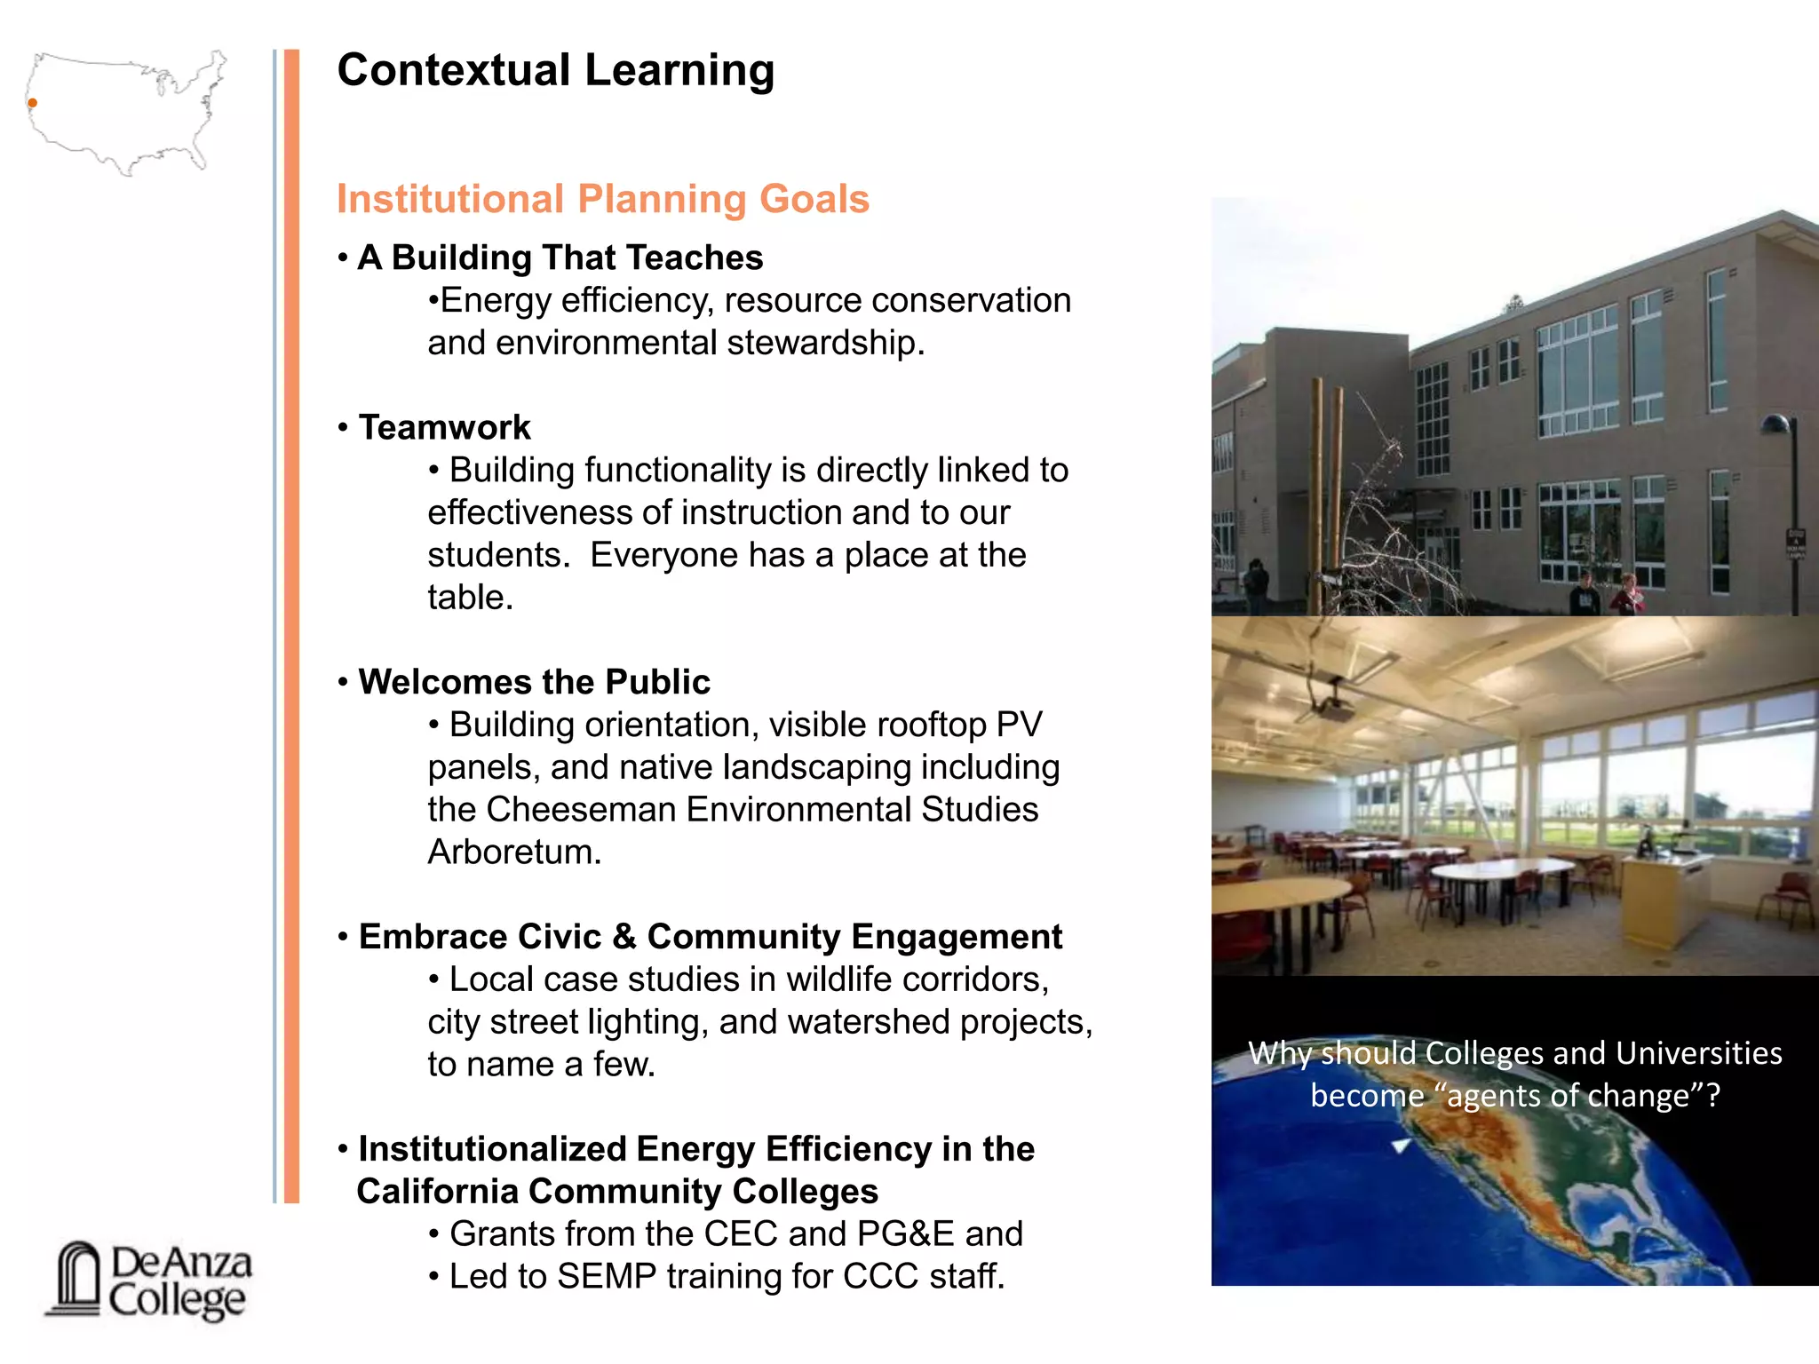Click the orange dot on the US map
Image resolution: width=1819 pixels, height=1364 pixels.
[33, 103]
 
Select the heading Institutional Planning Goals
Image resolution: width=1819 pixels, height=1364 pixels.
[602, 199]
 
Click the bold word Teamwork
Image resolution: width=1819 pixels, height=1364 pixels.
[444, 427]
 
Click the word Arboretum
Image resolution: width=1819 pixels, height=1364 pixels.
[513, 852]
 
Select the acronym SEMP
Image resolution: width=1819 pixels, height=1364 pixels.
[606, 1277]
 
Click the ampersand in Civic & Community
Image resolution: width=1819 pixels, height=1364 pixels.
[624, 938]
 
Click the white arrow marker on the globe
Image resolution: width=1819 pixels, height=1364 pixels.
[1402, 1146]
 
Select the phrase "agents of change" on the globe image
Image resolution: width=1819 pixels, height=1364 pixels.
[1568, 1096]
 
